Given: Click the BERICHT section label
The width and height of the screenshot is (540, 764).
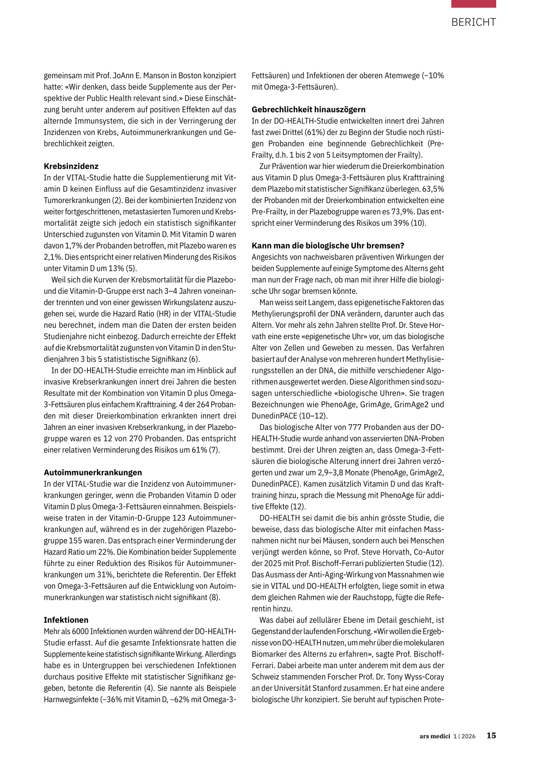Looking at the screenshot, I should pos(474,22).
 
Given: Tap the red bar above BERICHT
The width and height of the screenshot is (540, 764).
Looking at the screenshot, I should pos(474,4).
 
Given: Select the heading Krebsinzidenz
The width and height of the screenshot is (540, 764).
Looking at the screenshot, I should pos(71,166).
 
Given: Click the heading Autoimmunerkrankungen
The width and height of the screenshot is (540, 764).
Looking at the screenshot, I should pos(93,473).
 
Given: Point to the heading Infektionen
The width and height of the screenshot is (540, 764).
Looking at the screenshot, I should pos(66,620).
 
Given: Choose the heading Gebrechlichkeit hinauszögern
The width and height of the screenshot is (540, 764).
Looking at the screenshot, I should pos(308,110).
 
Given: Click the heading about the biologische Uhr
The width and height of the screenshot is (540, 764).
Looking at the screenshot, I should pos(328,246).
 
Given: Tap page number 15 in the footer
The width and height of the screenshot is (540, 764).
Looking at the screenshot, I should pos(491,736).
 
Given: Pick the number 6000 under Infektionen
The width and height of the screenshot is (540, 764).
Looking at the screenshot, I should pos(79,632).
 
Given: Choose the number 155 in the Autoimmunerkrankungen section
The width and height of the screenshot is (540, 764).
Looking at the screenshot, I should pos(76,541).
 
